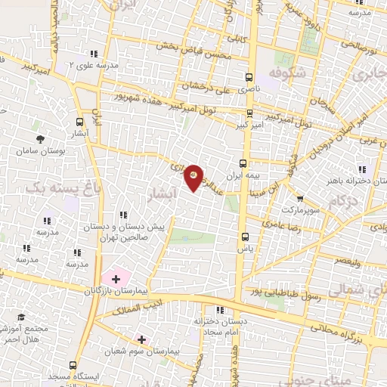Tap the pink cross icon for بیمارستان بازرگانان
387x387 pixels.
click(x=115, y=279)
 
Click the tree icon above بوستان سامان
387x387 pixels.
click(x=40, y=140)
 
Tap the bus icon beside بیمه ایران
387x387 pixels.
click(x=243, y=163)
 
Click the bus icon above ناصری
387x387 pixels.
click(x=249, y=77)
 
